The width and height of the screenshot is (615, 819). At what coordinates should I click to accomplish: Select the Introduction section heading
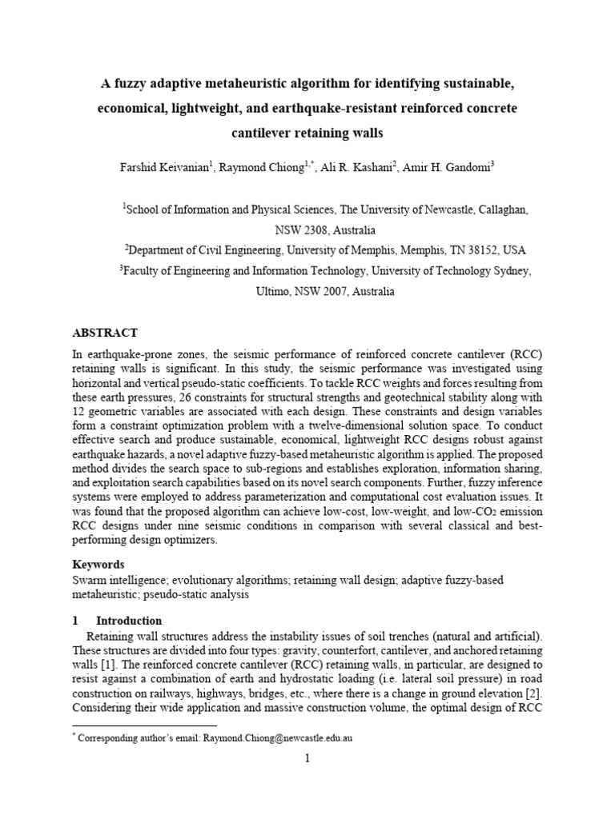tap(129, 621)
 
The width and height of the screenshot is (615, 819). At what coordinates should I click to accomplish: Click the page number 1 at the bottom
tap(307, 760)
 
